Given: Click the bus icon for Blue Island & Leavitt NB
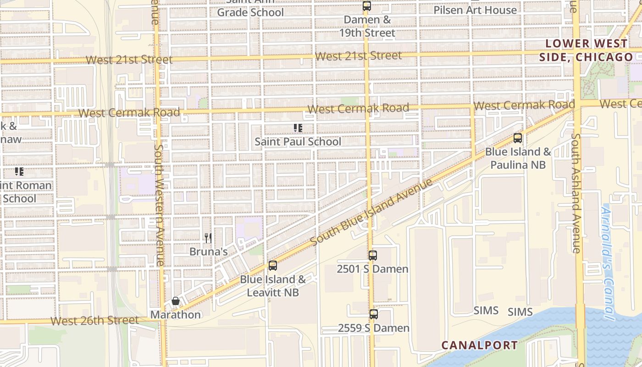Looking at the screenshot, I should tap(273, 266).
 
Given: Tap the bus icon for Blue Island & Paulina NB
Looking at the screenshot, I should tap(518, 138).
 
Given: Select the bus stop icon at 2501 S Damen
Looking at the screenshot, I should tap(373, 256).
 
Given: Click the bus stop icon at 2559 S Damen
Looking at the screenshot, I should tap(374, 314).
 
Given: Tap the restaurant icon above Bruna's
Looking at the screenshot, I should tap(208, 238).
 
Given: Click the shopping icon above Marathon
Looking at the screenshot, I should tap(175, 301).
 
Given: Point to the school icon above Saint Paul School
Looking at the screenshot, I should tap(298, 128).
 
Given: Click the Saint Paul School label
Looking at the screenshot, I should tap(298, 142).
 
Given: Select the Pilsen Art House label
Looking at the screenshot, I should tap(475, 10).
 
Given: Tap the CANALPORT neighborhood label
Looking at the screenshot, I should tap(480, 345).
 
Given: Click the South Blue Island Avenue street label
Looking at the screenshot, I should tap(371, 212).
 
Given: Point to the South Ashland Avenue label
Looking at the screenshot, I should tap(577, 193).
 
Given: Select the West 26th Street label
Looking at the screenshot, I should tap(94, 320).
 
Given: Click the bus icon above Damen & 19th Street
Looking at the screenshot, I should tap(366, 6).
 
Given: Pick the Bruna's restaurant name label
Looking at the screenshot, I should tap(209, 252).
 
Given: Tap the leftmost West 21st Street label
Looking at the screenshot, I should tap(129, 60).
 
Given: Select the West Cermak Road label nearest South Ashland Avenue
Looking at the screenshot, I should tap(524, 105).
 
